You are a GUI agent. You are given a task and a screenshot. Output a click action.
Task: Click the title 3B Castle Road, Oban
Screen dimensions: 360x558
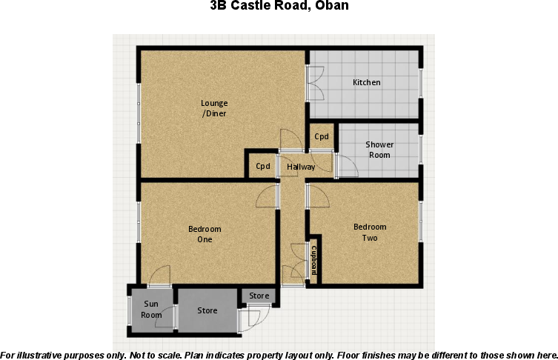[279, 7]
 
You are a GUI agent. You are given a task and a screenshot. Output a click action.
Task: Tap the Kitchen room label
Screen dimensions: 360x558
[366, 82]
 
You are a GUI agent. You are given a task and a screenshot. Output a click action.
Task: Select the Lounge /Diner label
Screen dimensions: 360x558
[214, 108]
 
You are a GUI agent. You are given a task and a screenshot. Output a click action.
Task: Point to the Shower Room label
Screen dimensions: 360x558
[379, 150]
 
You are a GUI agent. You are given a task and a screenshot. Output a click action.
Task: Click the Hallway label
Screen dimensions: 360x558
[301, 167]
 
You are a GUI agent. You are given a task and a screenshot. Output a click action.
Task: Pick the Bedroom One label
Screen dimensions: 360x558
[205, 234]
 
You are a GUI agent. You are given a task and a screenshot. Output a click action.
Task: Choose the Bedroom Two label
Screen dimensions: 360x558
[369, 232]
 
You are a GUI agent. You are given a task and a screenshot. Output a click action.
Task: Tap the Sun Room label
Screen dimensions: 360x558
[151, 309]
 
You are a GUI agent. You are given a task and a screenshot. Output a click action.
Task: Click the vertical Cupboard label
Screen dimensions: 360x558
[314, 260]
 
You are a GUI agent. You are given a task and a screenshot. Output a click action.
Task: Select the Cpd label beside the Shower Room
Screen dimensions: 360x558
[322, 137]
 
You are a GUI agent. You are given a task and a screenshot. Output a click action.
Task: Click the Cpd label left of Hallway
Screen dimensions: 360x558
[263, 167]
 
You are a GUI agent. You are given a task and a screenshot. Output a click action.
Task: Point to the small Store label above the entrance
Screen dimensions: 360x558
[259, 296]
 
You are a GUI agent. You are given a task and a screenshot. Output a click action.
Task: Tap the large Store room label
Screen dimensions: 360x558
[207, 310]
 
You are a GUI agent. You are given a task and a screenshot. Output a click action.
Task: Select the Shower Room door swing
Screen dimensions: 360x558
[347, 167]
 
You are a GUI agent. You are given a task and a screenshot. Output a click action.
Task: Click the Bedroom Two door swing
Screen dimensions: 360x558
[317, 197]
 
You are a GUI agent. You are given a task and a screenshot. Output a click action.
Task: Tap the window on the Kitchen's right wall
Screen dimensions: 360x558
[420, 83]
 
